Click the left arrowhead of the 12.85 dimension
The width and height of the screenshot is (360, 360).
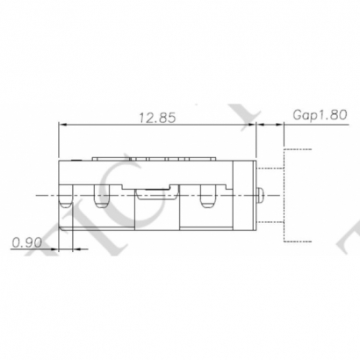61,126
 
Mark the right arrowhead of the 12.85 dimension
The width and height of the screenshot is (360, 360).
253,126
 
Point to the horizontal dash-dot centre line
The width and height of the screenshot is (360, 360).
35,193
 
